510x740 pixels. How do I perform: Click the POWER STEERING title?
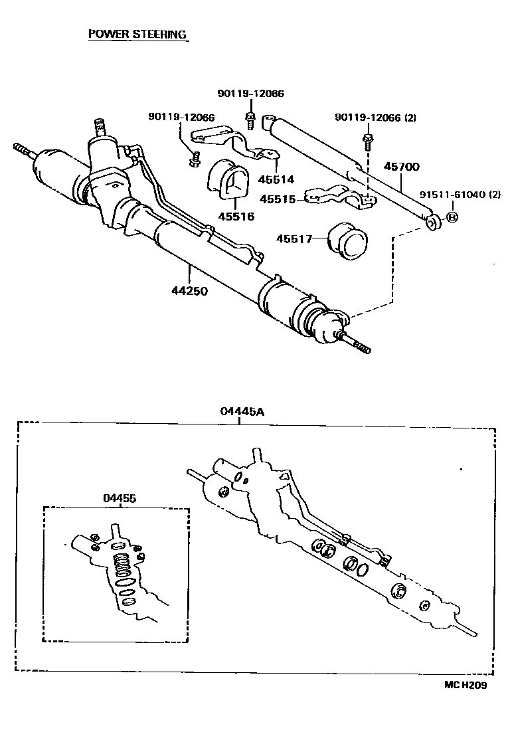tap(137, 35)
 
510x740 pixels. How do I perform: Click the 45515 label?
tap(277, 199)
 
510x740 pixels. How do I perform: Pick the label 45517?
tap(295, 238)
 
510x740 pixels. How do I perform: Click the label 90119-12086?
tap(250, 94)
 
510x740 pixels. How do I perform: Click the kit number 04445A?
tap(242, 411)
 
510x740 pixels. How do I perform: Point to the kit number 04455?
tap(120, 498)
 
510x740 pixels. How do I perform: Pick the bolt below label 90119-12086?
tap(251, 121)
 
